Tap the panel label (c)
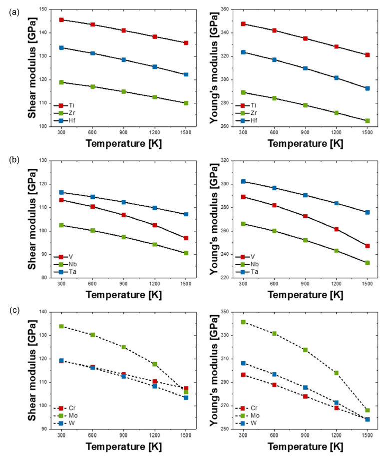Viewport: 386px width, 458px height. coord(14,310)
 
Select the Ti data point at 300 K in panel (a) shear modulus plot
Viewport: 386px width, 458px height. coord(61,20)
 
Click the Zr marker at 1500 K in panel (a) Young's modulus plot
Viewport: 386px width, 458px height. coord(367,121)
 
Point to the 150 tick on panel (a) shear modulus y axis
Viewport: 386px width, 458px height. coord(44,9)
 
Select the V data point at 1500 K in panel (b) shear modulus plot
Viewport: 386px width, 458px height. coord(186,238)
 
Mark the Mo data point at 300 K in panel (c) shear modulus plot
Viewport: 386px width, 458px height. coord(61,326)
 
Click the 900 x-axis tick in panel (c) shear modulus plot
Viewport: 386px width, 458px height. coord(123,435)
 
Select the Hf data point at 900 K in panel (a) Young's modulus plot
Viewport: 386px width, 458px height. coord(305,68)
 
